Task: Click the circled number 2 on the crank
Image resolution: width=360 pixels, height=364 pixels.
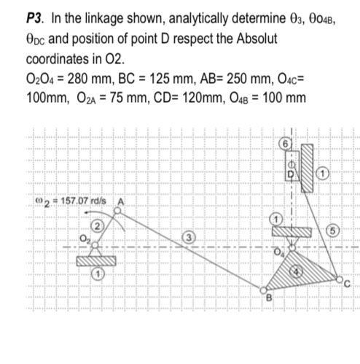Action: coord(94,222)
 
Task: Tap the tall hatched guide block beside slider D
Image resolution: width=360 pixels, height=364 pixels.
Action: coord(307,170)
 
